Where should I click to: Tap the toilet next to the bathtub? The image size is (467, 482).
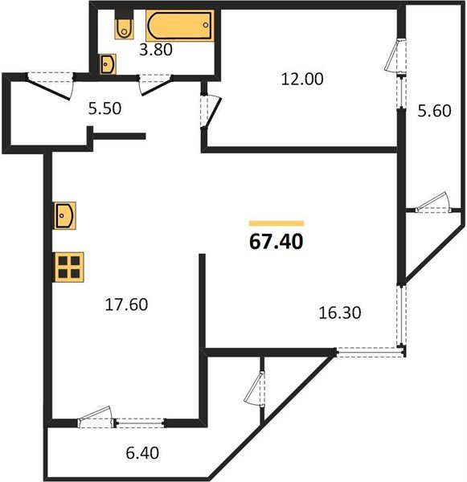coord(124,27)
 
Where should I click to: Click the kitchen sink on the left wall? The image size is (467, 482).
coord(64,216)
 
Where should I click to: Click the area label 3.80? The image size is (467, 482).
coord(156,49)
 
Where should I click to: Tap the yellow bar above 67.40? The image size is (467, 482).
coord(277,223)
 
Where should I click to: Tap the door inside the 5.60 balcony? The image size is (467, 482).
coord(429,202)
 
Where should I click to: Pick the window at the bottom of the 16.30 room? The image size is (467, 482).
coord(370,350)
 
